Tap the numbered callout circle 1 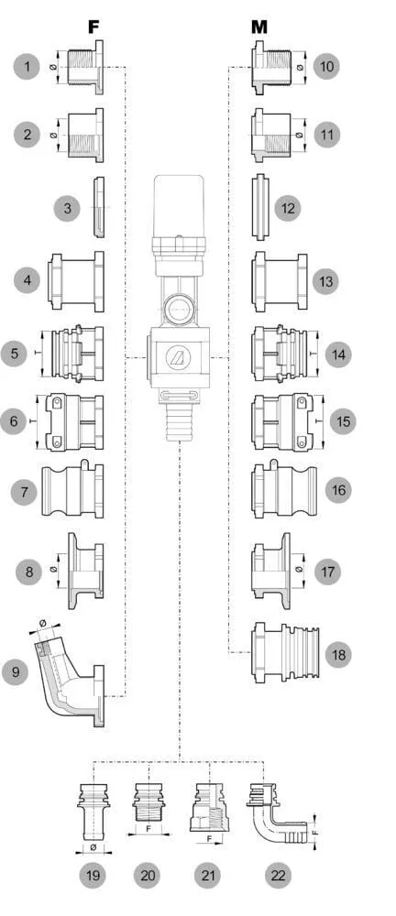coord(27,67)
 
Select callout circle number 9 coord(16,671)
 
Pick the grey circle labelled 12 coord(287,208)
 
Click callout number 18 coord(338,655)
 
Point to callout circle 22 coord(278,875)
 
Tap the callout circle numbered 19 coord(93,875)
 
